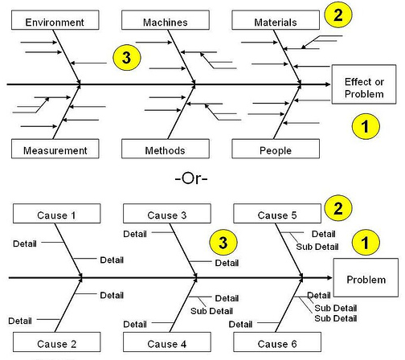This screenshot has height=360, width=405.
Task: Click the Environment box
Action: [55, 20]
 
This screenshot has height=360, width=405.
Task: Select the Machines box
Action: [166, 20]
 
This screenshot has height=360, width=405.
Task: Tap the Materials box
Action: [276, 20]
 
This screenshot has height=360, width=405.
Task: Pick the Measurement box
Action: [55, 149]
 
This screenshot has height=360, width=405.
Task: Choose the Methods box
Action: [166, 149]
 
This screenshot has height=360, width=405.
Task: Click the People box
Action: [276, 149]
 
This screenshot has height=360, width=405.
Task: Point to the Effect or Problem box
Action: [364, 84]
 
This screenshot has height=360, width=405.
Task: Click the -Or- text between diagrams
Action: [191, 178]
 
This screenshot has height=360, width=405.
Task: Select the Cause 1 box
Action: [57, 214]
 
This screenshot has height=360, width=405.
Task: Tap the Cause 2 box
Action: [57, 342]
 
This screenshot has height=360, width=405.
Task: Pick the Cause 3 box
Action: [167, 214]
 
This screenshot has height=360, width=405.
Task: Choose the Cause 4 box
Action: [167, 342]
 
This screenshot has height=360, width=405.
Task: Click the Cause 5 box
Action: [277, 214]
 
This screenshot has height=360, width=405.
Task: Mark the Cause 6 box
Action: [277, 342]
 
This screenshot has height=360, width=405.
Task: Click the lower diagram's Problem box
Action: [366, 278]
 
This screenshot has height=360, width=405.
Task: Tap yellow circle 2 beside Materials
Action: [338, 14]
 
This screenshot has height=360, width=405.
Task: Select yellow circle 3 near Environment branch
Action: [127, 58]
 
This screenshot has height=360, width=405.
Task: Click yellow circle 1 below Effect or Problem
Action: [366, 126]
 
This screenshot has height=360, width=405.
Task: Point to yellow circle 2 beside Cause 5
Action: [338, 208]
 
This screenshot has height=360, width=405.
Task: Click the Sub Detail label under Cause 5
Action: [317, 247]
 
